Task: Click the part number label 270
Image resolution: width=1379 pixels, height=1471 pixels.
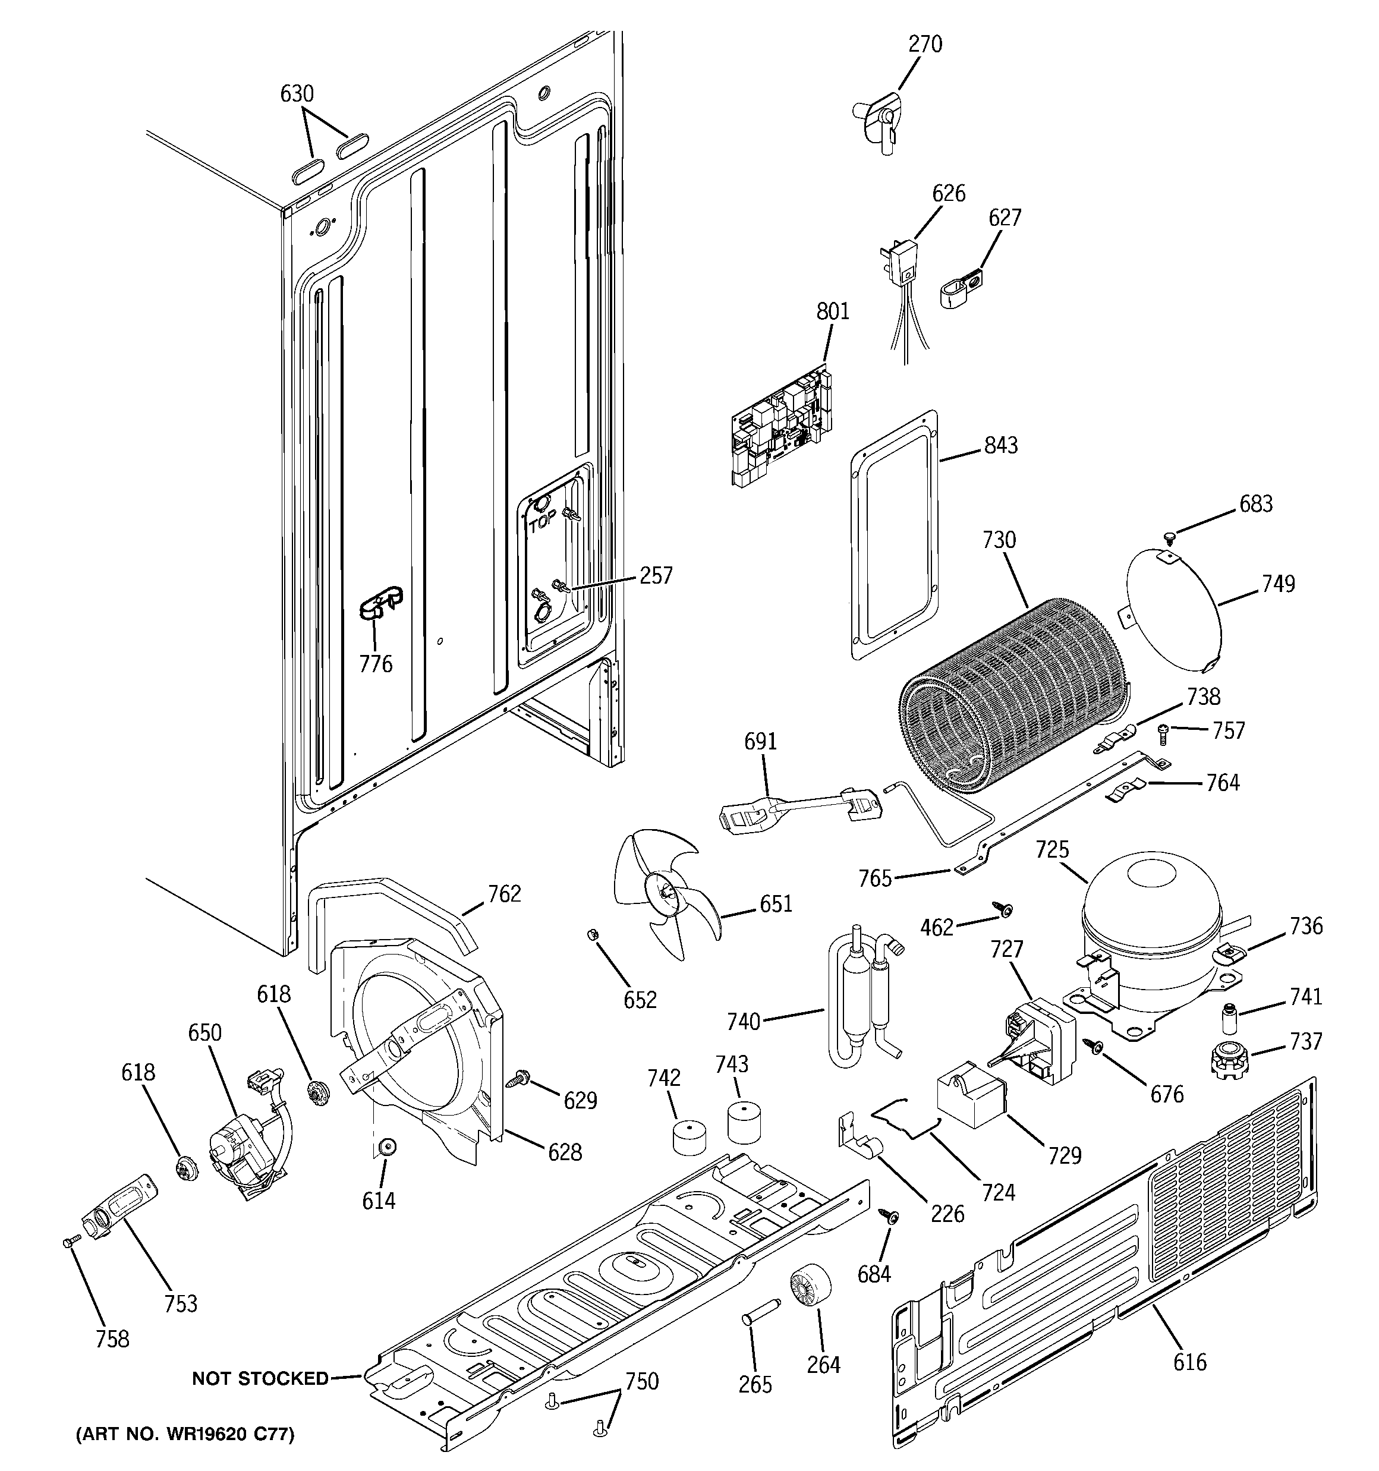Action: pos(925,45)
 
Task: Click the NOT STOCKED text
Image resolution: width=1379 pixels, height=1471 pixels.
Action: pos(260,1378)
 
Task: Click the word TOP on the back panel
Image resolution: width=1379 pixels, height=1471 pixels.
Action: pos(543,525)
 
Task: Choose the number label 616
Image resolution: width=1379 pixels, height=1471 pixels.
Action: pos(1189,1362)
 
